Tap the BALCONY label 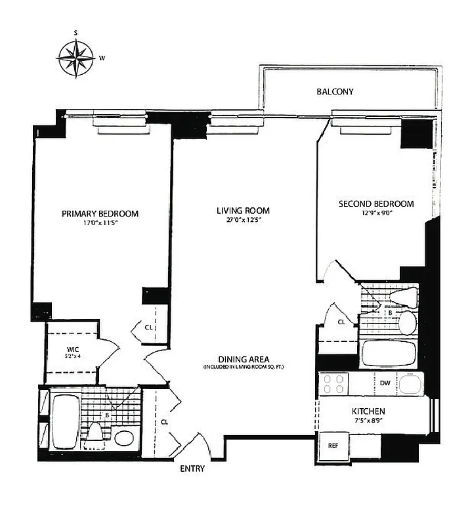(x=335, y=92)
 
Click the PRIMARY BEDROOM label (x=100, y=213)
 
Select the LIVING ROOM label (x=244, y=211)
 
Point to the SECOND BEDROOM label (x=376, y=204)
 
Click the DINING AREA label (x=243, y=359)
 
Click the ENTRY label (x=192, y=469)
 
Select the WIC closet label (x=72, y=350)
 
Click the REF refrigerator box (x=333, y=446)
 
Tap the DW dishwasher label (x=385, y=383)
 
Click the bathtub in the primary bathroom (x=64, y=421)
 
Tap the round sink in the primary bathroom (x=124, y=438)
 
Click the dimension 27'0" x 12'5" (x=244, y=220)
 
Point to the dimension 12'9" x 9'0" (x=376, y=213)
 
